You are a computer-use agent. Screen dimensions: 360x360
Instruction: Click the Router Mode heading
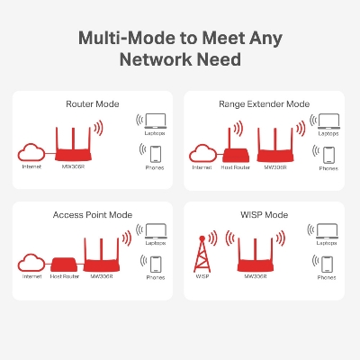tap(94, 104)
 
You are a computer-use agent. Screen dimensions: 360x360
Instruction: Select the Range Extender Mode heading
tap(265, 104)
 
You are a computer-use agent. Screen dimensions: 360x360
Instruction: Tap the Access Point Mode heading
tap(94, 215)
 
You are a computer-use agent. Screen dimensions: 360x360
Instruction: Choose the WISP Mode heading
tap(265, 215)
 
